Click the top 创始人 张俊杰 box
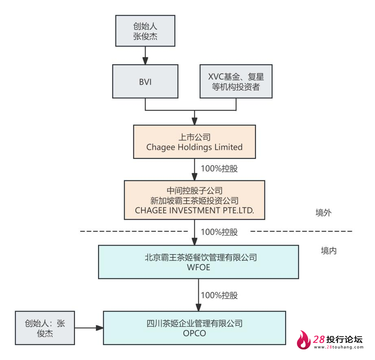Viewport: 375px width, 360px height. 145,31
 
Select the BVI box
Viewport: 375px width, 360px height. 145,81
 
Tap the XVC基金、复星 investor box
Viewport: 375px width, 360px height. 236,81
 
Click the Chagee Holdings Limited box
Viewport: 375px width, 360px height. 194,142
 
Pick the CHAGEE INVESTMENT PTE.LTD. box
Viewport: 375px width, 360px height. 194,200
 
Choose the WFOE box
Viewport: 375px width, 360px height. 198,262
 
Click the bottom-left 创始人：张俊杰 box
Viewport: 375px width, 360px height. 45,328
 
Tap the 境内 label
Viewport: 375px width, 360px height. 329,250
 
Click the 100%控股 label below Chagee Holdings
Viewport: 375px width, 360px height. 219,169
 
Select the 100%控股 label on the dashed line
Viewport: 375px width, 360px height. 219,232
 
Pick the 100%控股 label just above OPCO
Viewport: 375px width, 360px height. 219,295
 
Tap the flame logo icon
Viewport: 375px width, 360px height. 303,340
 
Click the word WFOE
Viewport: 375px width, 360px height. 198,268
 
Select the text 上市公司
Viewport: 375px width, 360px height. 194,137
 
